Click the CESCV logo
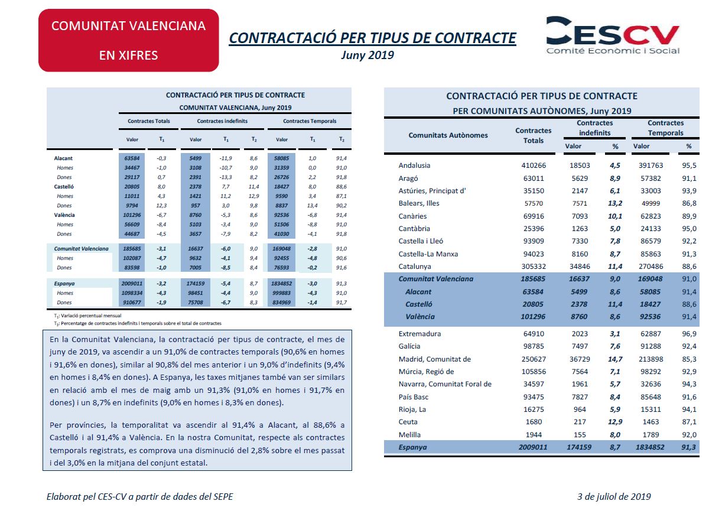613,35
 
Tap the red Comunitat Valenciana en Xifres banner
129,40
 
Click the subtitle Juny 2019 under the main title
367,55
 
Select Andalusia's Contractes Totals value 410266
534,165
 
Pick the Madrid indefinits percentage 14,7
615,359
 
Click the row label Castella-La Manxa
428,254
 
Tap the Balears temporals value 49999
651,203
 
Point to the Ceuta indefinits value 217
580,422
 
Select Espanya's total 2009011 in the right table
533,447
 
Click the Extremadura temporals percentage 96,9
689,334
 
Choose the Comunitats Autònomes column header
448,135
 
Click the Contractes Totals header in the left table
148,121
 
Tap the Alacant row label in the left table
63,158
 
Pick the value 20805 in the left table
132,187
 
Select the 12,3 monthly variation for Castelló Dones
161,206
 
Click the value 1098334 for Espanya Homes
132,293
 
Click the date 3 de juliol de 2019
614,496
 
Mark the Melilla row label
409,434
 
